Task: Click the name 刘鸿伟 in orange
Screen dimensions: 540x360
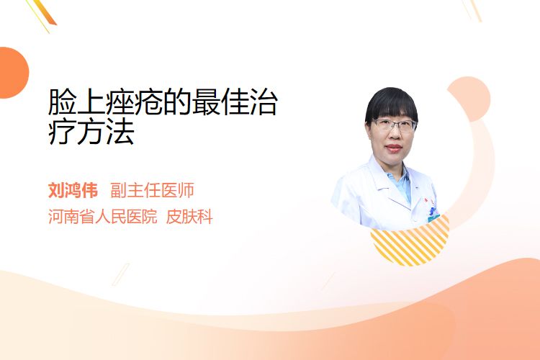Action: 73,190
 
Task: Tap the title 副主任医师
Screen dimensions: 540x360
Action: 152,190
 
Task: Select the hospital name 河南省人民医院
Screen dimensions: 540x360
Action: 103,217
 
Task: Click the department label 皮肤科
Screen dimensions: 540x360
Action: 189,217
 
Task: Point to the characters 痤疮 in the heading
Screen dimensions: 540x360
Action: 134,102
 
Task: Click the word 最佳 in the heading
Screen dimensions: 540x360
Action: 220,102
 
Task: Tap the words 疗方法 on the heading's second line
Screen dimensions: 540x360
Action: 91,131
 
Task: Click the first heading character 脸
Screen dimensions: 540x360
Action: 63,102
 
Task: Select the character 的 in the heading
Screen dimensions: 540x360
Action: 177,102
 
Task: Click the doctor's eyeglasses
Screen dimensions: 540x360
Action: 394,125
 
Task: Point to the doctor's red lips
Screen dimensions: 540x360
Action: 394,148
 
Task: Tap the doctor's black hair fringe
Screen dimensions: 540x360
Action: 391,104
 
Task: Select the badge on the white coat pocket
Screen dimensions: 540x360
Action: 433,215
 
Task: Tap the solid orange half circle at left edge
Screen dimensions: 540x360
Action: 14,73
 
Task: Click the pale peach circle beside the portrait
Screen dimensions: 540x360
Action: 469,99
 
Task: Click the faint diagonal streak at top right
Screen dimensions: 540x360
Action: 472,10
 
